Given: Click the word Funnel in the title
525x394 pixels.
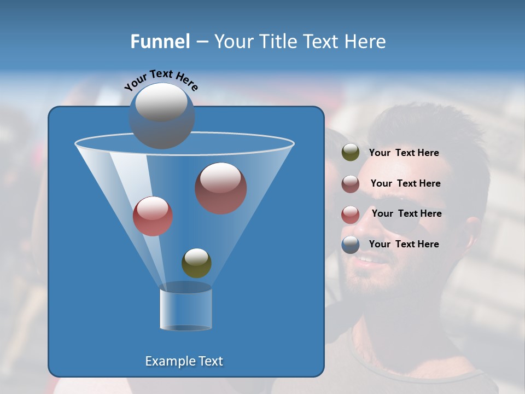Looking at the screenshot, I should [x=160, y=42].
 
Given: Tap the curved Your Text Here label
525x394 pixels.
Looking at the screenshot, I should [x=161, y=79].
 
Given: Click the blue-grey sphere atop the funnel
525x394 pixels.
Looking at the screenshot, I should [x=162, y=115].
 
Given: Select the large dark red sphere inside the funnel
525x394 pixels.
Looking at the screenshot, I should [x=220, y=188].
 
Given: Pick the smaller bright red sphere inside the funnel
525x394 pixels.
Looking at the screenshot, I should [x=153, y=216].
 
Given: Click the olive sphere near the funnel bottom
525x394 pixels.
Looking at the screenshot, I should [x=196, y=263].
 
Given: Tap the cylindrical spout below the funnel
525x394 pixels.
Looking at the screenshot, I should [x=186, y=309].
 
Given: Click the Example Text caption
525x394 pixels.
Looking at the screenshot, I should [x=184, y=361].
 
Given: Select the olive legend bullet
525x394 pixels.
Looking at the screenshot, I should [x=351, y=153].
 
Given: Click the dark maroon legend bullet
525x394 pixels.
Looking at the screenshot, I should [x=351, y=184].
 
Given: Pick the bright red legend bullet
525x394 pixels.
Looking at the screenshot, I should [x=351, y=215].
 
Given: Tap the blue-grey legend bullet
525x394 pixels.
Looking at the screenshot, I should [x=351, y=245].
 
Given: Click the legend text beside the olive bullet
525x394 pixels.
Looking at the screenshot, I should [x=404, y=153].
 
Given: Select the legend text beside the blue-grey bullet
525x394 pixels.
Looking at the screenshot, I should [x=404, y=244].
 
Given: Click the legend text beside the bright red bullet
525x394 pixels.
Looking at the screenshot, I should [x=406, y=214].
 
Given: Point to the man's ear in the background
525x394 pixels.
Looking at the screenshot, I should [x=471, y=230].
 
